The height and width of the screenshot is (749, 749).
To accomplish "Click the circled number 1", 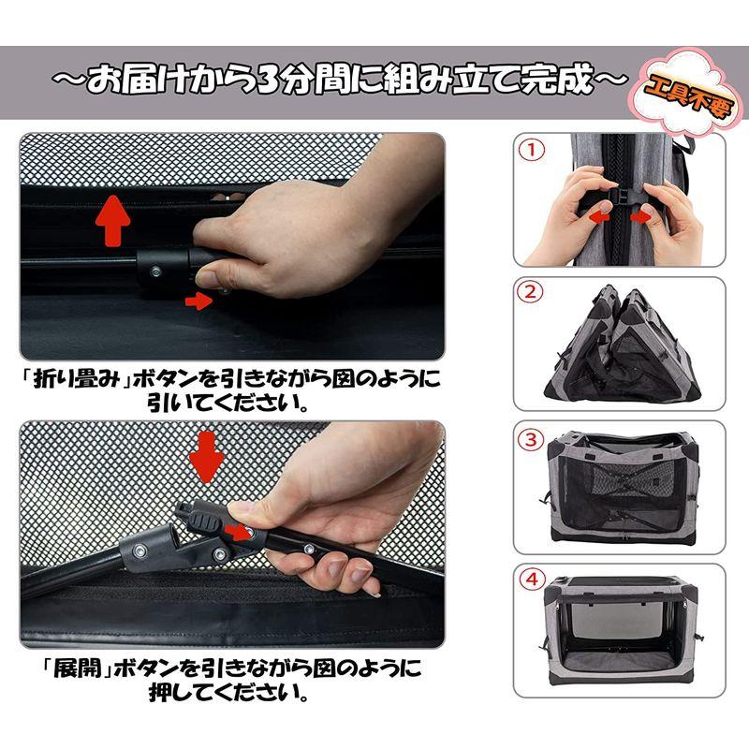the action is tap(531, 150).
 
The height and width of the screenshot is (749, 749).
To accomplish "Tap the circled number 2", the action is tap(531, 292).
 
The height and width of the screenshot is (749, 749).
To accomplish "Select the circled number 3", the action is tap(531, 439).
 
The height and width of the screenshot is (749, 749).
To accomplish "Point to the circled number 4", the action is tap(531, 580).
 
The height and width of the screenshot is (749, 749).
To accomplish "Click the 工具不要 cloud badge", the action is tap(687, 92).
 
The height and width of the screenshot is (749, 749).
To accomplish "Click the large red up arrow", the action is tap(112, 221).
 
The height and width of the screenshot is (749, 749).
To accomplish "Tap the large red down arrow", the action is tap(206, 458).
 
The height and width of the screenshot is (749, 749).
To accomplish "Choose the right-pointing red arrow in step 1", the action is tap(641, 218).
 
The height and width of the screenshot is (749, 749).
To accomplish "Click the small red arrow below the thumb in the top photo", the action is tap(198, 301).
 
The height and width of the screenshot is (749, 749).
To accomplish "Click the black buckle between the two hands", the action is tap(624, 196).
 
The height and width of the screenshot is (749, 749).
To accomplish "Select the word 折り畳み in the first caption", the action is tap(77, 379).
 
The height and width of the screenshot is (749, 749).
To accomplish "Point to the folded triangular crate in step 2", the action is tap(623, 344).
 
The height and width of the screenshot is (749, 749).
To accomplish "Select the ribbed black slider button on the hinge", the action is tap(202, 523).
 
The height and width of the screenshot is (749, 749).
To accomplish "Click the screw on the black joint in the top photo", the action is tap(155, 272).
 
